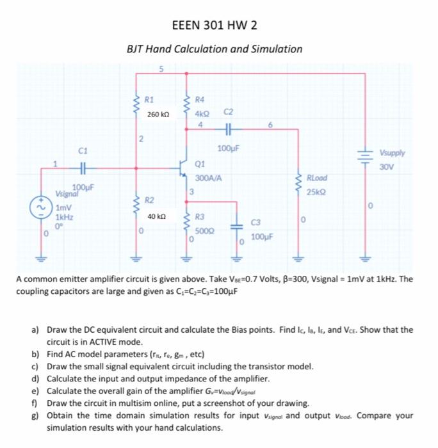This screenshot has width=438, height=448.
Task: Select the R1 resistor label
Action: pos(149,99)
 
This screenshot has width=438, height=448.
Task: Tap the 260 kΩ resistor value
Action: pos(158,115)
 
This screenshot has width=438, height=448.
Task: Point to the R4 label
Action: pos(199,99)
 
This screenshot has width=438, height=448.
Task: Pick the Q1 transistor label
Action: pos(199,163)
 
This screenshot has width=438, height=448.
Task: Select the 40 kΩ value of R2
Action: pos(157,217)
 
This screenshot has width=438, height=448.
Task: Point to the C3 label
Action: pos(256,222)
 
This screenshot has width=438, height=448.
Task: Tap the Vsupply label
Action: pos(393,154)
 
